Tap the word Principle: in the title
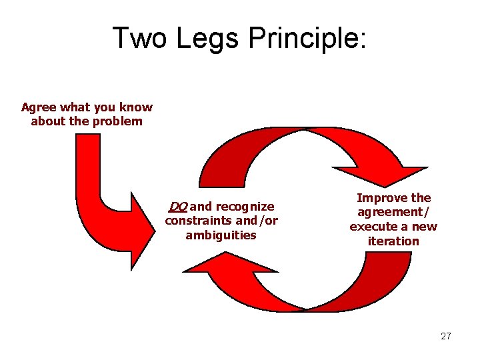(307, 38)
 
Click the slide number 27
(445, 336)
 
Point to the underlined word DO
(178, 206)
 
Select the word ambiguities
(221, 235)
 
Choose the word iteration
(393, 241)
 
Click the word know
(138, 107)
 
